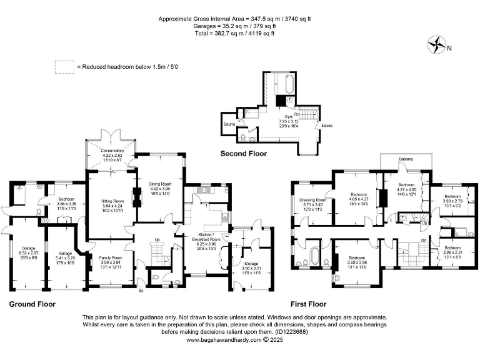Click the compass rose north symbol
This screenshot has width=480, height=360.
click(436, 44)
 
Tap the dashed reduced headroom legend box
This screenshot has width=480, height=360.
click(64, 66)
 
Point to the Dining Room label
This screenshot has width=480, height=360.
click(160, 184)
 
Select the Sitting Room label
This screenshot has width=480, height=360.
click(113, 201)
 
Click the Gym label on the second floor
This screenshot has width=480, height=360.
click(289, 116)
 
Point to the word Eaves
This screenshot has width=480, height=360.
click(327, 126)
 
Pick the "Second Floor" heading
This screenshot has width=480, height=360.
click(243, 153)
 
